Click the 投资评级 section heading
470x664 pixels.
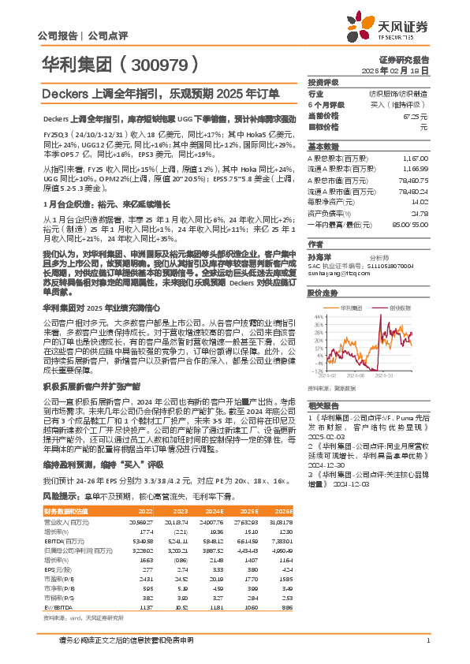(x=323, y=82)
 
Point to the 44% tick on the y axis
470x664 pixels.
(x=319, y=293)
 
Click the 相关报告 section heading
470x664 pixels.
(x=323, y=402)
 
